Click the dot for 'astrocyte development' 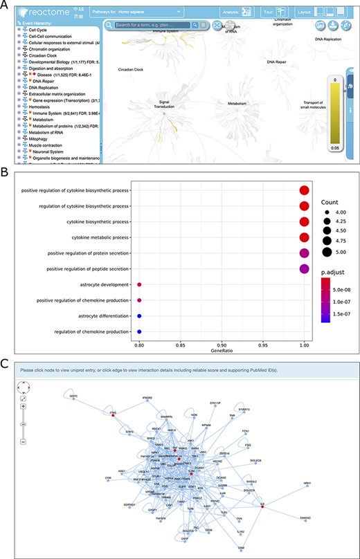[x=139, y=284]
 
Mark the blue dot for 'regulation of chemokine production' [x=139, y=332]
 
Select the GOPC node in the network [x=72, y=395]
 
